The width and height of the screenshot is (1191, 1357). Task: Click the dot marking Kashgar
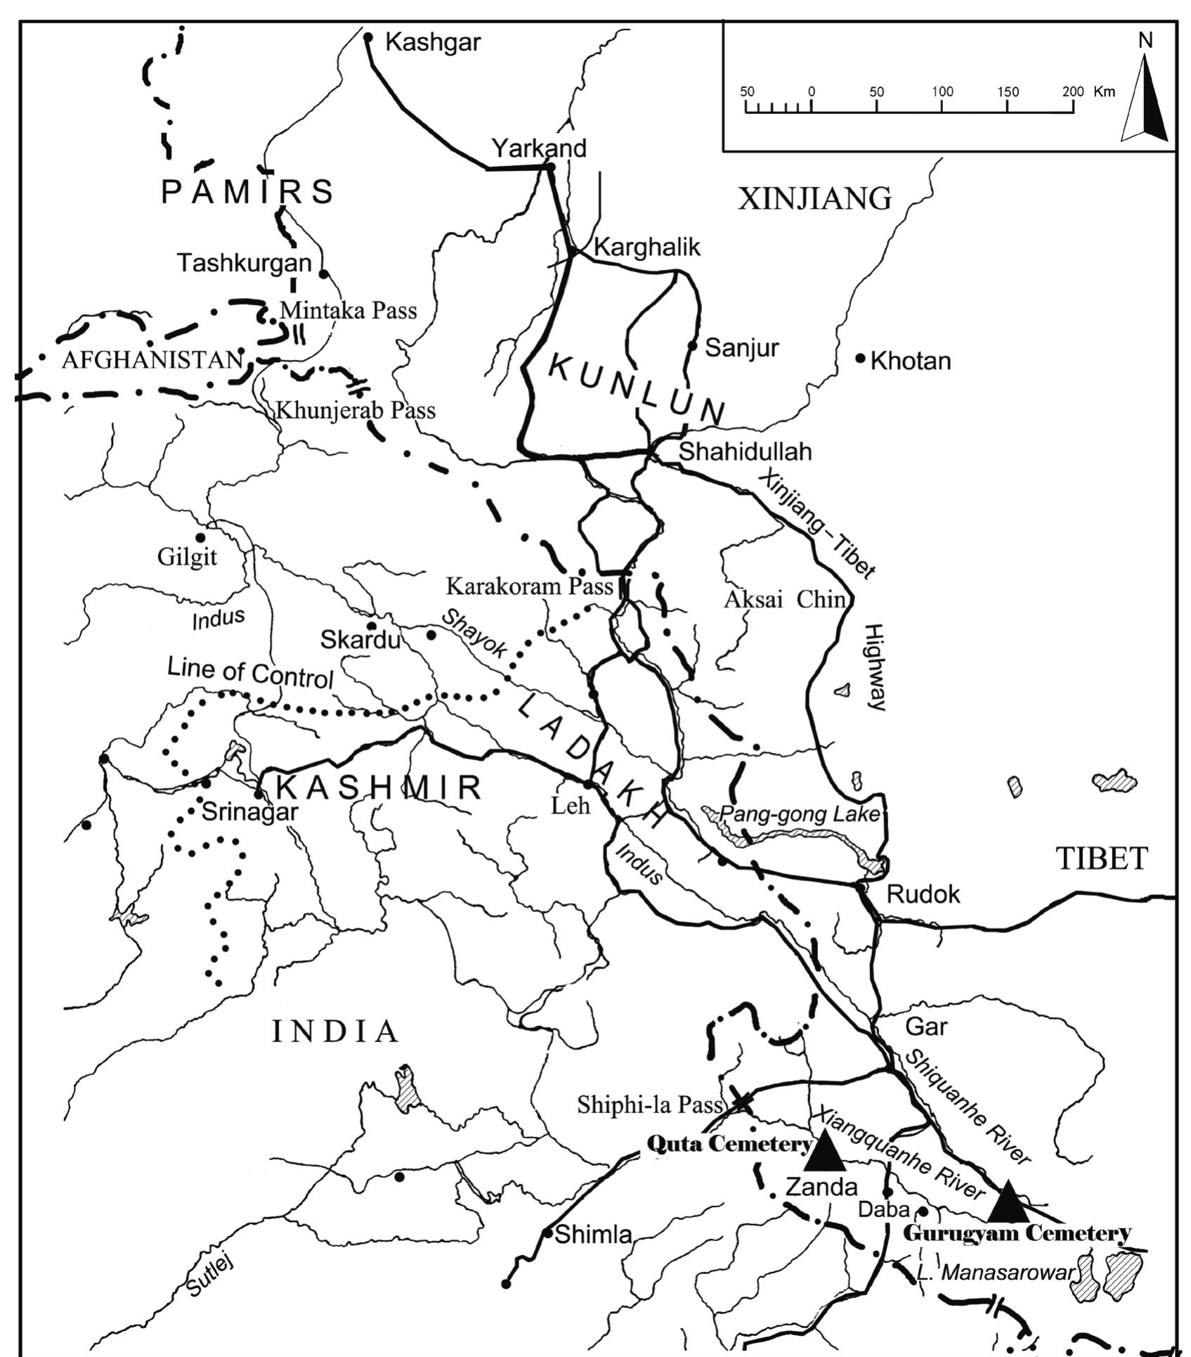(x=367, y=37)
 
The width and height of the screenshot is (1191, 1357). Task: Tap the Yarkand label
(x=538, y=148)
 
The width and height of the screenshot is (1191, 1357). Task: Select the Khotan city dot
(x=860, y=359)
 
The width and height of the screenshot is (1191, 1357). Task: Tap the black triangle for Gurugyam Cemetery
(x=1008, y=1203)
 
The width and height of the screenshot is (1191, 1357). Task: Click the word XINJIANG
(x=814, y=199)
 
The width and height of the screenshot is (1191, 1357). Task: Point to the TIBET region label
(x=1102, y=858)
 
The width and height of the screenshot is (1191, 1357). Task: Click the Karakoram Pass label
(x=530, y=586)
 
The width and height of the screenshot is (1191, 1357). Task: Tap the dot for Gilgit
(x=200, y=538)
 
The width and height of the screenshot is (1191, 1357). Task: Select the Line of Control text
(x=250, y=673)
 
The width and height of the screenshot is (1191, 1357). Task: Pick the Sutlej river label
(x=210, y=1276)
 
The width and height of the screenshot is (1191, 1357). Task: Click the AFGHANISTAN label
(x=152, y=360)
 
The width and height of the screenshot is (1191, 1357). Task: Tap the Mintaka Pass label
(x=349, y=310)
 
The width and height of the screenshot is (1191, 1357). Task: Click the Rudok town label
(x=923, y=894)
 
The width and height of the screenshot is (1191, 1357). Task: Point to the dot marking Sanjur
(x=692, y=345)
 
